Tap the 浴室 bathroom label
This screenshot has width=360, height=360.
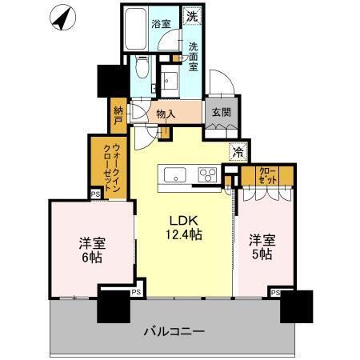pyautogui.click(x=161, y=24)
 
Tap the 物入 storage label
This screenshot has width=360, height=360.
pyautogui.click(x=166, y=114)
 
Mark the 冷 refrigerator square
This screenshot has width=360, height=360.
pyautogui.click(x=238, y=150)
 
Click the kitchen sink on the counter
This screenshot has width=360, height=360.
pyautogui.click(x=174, y=174)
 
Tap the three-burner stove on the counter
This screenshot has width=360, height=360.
pyautogui.click(x=207, y=174)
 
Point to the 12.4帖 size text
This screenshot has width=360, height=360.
pyautogui.click(x=184, y=234)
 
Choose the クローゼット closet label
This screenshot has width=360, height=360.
pyautogui.click(x=268, y=175)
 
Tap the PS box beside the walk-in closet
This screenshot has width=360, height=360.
pyautogui.click(x=95, y=193)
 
